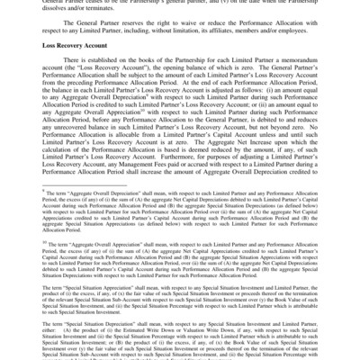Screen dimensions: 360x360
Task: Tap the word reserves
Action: coord(157,31)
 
